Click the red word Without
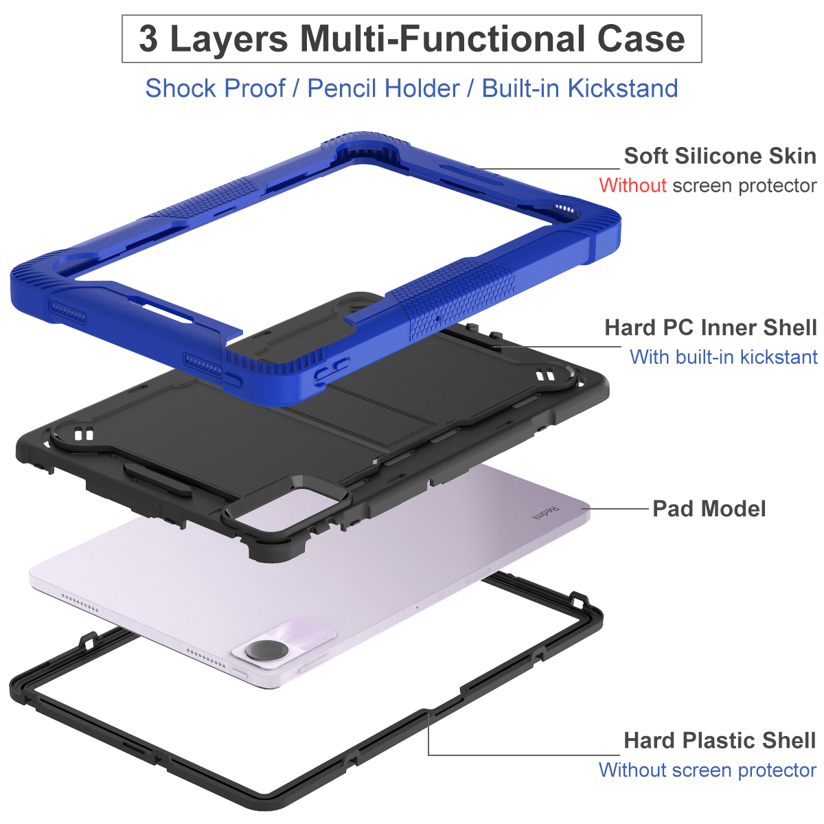[632, 185]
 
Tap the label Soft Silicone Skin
[720, 156]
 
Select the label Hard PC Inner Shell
[711, 328]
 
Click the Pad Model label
[709, 509]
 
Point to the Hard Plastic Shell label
[720, 740]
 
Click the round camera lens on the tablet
[266, 650]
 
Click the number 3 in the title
[148, 38]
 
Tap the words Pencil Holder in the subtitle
[383, 89]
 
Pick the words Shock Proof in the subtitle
[215, 89]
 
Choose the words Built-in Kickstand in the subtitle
[580, 89]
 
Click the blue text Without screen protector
[707, 770]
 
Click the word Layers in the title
[229, 38]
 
